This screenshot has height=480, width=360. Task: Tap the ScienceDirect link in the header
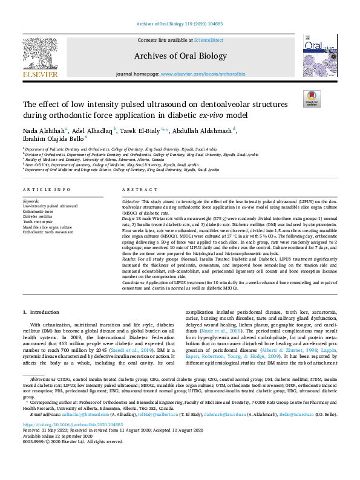(208, 40)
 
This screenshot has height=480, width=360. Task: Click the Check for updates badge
(312, 98)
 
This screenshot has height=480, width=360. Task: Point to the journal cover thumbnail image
(318, 55)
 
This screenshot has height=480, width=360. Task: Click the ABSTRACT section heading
(136, 190)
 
